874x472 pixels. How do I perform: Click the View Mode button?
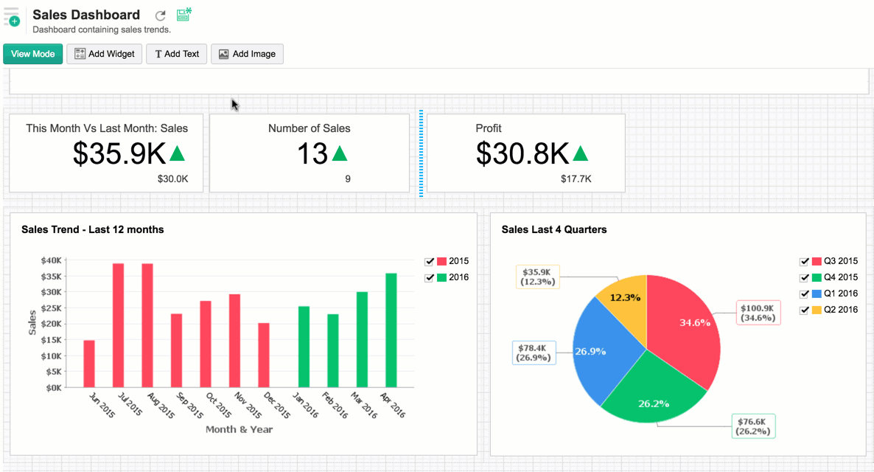click(x=33, y=54)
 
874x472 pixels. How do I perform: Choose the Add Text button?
click(x=176, y=54)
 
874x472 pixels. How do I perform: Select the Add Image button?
click(x=247, y=54)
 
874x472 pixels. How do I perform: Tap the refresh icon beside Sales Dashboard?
click(x=161, y=15)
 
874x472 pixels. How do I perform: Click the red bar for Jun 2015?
click(x=89, y=364)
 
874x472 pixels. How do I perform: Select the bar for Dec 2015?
click(x=264, y=355)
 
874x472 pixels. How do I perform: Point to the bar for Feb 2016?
click(x=333, y=350)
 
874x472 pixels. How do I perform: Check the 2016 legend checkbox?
click(x=430, y=278)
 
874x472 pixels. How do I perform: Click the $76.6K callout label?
click(x=753, y=426)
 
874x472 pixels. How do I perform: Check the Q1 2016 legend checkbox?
click(x=805, y=294)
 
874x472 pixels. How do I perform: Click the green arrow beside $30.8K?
click(x=581, y=153)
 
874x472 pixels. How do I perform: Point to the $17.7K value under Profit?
click(x=576, y=178)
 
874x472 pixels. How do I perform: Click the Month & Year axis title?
click(x=239, y=429)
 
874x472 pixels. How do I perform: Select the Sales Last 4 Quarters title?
click(x=554, y=229)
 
